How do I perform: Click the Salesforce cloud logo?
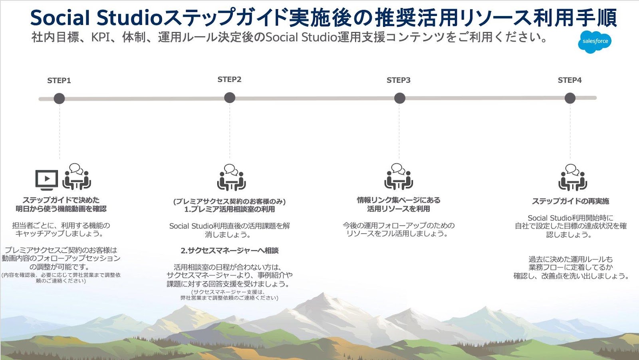point(595,42)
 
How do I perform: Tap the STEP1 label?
point(59,81)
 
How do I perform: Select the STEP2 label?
point(229,80)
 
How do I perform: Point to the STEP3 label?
point(398,80)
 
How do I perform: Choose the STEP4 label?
point(570,80)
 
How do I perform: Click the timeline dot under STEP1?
point(59,98)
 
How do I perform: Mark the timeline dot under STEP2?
point(230,98)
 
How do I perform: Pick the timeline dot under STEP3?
point(399,98)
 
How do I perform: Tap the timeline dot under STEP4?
point(570,98)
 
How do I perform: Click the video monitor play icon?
point(47,179)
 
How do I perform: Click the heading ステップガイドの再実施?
point(570,201)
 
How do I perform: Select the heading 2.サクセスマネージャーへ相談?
point(230,251)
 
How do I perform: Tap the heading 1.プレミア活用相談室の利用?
point(230,209)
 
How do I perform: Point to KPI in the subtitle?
point(101,38)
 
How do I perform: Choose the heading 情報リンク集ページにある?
point(399,200)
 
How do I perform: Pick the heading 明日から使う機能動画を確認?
point(61,209)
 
